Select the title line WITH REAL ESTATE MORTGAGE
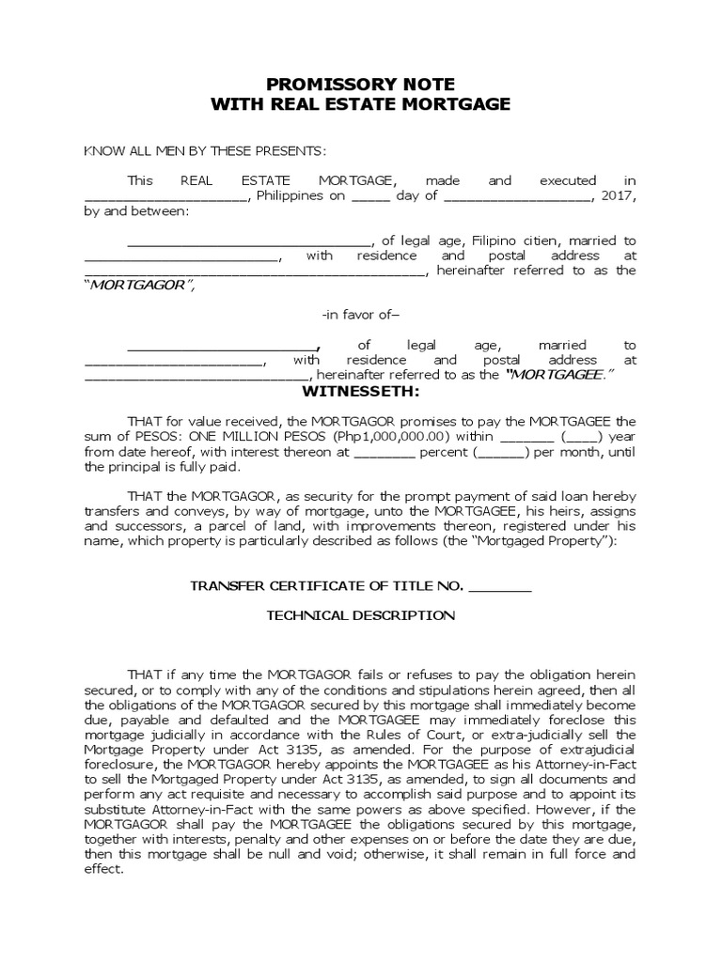[361, 105]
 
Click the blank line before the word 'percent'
[384, 453]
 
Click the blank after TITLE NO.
[499, 588]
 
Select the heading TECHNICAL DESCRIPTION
[361, 616]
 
